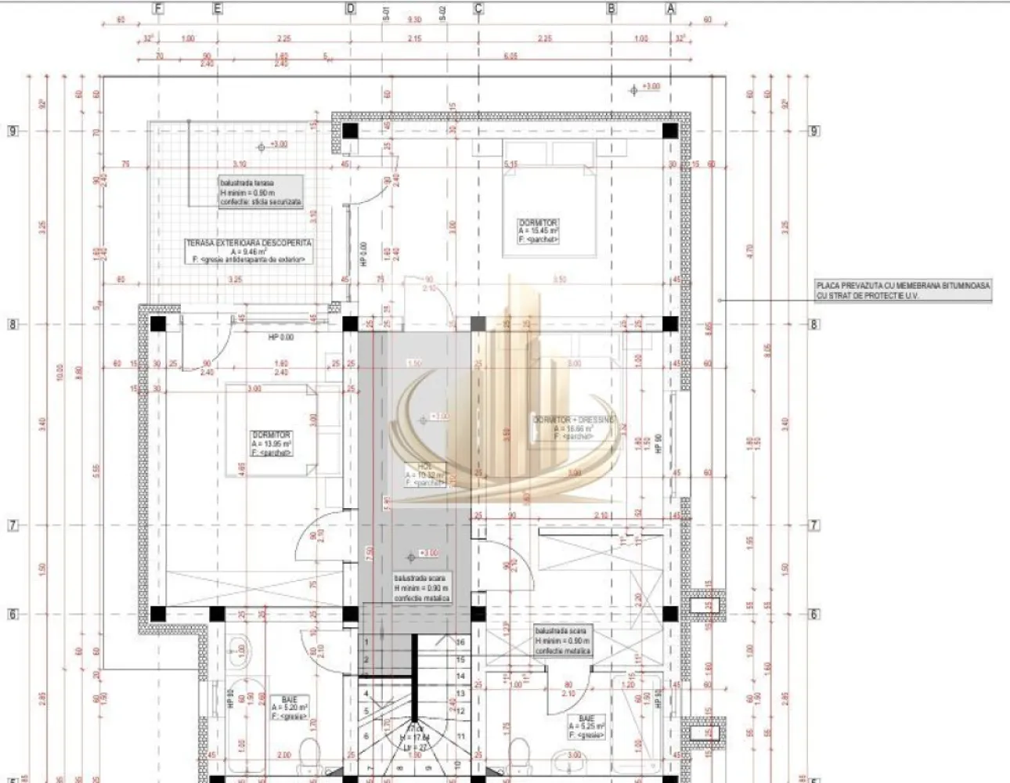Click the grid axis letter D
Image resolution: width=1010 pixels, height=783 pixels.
tap(350, 9)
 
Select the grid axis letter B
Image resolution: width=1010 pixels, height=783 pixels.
tap(611, 9)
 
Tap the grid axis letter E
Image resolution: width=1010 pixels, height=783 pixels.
tap(217, 9)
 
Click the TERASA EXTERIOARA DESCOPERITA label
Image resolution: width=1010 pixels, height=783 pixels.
tap(248, 243)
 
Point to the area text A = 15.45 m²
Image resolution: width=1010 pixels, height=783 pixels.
tap(537, 231)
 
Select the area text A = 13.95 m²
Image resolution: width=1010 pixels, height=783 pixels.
tap(271, 444)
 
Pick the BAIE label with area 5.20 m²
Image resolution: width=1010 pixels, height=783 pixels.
tap(289, 698)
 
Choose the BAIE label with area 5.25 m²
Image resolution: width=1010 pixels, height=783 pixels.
tap(586, 718)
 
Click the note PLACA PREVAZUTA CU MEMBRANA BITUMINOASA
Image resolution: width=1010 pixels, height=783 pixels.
tap(903, 287)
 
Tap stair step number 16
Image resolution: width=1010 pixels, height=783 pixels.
tap(461, 642)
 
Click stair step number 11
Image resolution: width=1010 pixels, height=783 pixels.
tap(461, 737)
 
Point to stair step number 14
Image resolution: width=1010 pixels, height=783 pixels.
tap(461, 676)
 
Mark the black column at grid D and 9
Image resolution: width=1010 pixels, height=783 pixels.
tap(350, 131)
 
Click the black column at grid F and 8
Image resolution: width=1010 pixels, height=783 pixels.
tap(158, 324)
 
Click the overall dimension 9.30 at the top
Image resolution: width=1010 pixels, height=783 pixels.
tap(414, 20)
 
